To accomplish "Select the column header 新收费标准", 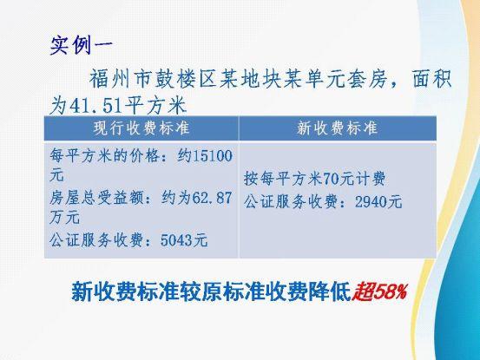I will tap(338, 128).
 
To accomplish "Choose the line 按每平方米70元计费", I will tap(315, 179).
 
